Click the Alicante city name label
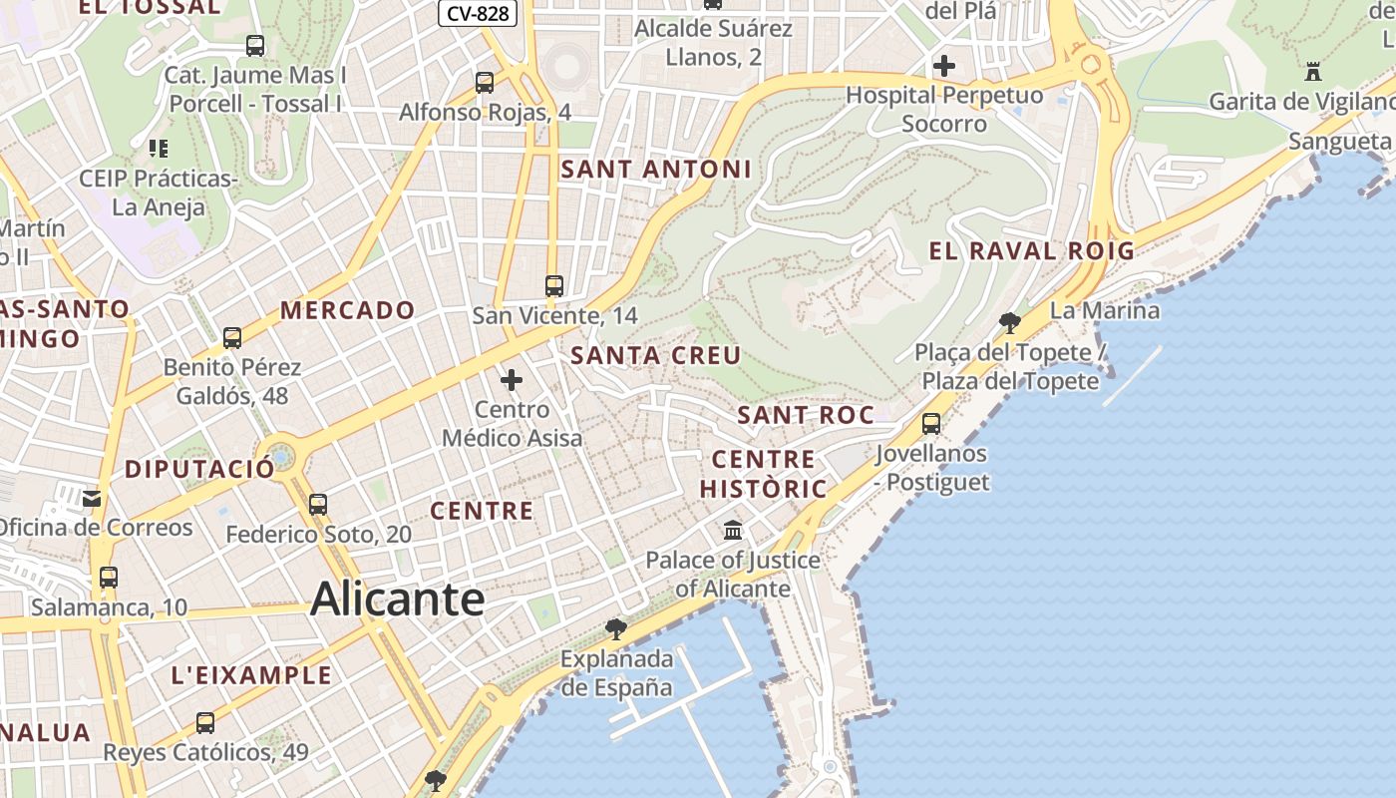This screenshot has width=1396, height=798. (398, 598)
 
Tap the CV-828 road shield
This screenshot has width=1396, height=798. (478, 13)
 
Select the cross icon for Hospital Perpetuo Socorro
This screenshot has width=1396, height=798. (943, 67)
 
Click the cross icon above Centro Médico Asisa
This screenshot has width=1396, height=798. (512, 380)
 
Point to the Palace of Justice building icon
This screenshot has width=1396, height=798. (733, 530)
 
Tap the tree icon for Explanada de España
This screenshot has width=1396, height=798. (616, 628)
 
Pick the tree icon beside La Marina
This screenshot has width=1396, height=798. (1010, 322)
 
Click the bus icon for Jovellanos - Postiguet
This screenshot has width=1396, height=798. (931, 424)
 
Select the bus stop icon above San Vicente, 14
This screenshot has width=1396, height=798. (554, 286)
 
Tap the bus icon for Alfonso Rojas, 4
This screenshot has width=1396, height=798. (485, 83)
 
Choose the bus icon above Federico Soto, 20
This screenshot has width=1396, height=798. (318, 505)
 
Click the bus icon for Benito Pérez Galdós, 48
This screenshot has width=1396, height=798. (232, 338)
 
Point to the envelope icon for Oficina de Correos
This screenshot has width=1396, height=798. (92, 499)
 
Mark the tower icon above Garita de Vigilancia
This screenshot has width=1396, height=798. (1313, 72)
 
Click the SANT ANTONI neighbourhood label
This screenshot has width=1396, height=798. (656, 170)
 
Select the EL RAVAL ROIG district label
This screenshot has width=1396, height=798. (1032, 250)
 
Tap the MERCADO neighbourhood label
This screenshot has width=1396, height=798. (347, 310)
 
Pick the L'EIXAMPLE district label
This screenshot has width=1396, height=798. (251, 675)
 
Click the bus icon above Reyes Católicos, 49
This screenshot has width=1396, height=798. (205, 723)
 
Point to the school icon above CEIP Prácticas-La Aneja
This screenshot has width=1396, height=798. (158, 149)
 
